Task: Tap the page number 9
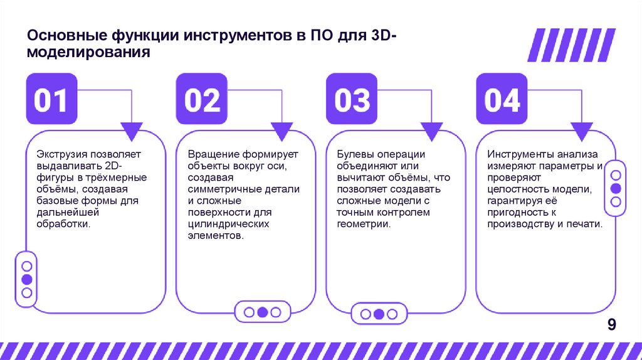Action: (611, 324)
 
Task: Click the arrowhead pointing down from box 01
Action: (132, 130)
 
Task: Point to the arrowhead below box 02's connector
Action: (282, 130)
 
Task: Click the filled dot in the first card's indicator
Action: (26, 279)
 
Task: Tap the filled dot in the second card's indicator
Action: (263, 312)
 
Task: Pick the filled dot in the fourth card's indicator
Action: (616, 188)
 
